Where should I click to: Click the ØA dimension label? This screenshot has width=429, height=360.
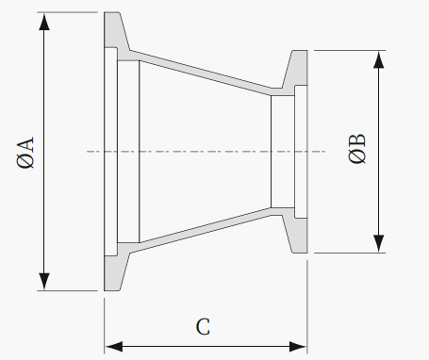(x=25, y=153)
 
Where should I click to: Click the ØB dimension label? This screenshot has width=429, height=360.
(x=357, y=149)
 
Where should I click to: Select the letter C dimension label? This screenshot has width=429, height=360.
(x=203, y=327)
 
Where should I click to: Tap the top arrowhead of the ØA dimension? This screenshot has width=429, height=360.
(x=44, y=22)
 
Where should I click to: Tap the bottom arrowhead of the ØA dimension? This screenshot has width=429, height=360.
(x=44, y=282)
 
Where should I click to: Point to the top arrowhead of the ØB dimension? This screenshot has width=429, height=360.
(x=379, y=59)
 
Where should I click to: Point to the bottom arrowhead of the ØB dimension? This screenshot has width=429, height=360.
(x=379, y=243)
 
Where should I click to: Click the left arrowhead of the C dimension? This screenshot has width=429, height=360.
(x=114, y=347)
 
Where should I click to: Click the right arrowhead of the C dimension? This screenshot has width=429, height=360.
(x=298, y=347)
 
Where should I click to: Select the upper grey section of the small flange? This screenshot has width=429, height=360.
(x=297, y=70)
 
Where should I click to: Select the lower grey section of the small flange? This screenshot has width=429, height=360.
(x=297, y=233)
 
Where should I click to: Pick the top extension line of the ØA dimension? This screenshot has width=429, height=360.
(x=67, y=12)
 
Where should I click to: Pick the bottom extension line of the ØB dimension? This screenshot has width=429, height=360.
(x=350, y=253)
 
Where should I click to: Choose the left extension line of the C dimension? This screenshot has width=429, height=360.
(x=105, y=326)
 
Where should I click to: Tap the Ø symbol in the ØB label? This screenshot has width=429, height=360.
(x=357, y=156)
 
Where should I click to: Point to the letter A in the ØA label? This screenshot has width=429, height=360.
(x=25, y=145)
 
